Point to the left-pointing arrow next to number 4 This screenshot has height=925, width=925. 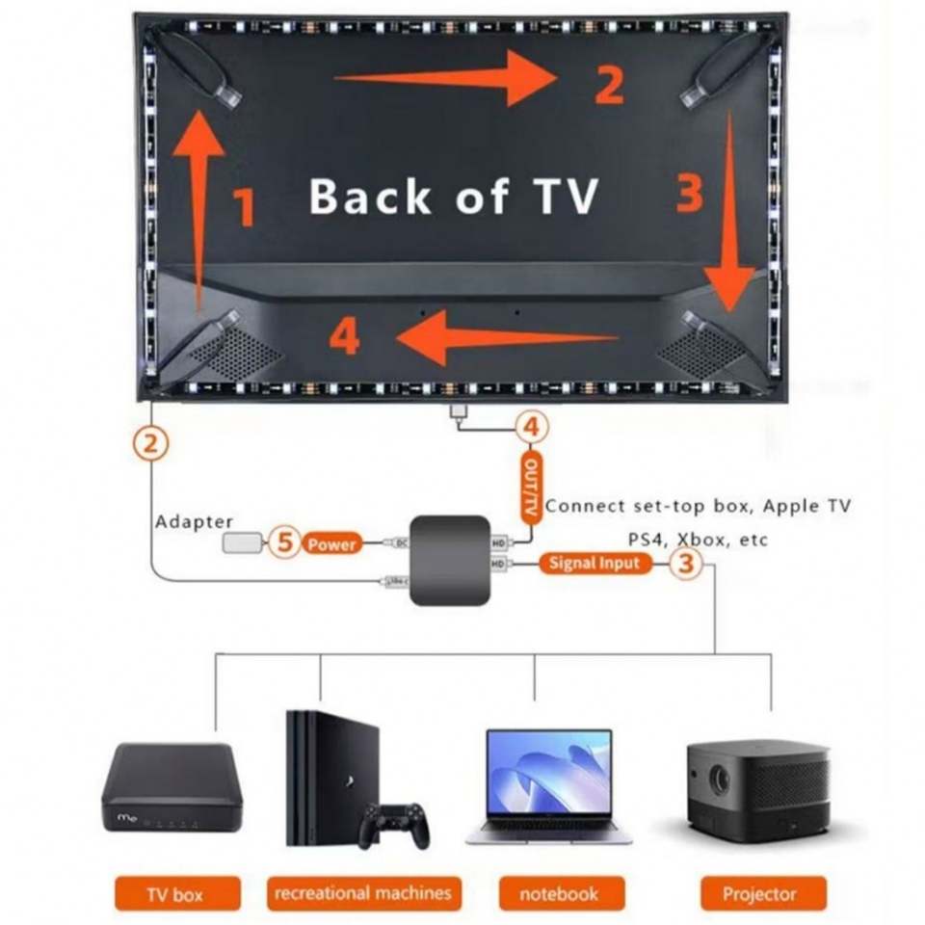point(501,337)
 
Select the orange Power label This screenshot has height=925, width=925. point(332,544)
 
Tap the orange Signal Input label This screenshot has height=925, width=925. point(595,563)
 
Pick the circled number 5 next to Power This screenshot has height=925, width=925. point(283,542)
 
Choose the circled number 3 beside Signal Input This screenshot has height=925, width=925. point(685,564)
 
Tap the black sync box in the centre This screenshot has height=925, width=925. point(449,560)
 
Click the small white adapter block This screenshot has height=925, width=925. point(241,543)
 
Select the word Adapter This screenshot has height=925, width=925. point(194,521)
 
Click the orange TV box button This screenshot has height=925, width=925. point(174,893)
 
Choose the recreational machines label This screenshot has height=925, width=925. point(362,892)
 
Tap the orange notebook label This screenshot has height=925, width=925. point(559,893)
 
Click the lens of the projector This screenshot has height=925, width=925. point(719,780)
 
